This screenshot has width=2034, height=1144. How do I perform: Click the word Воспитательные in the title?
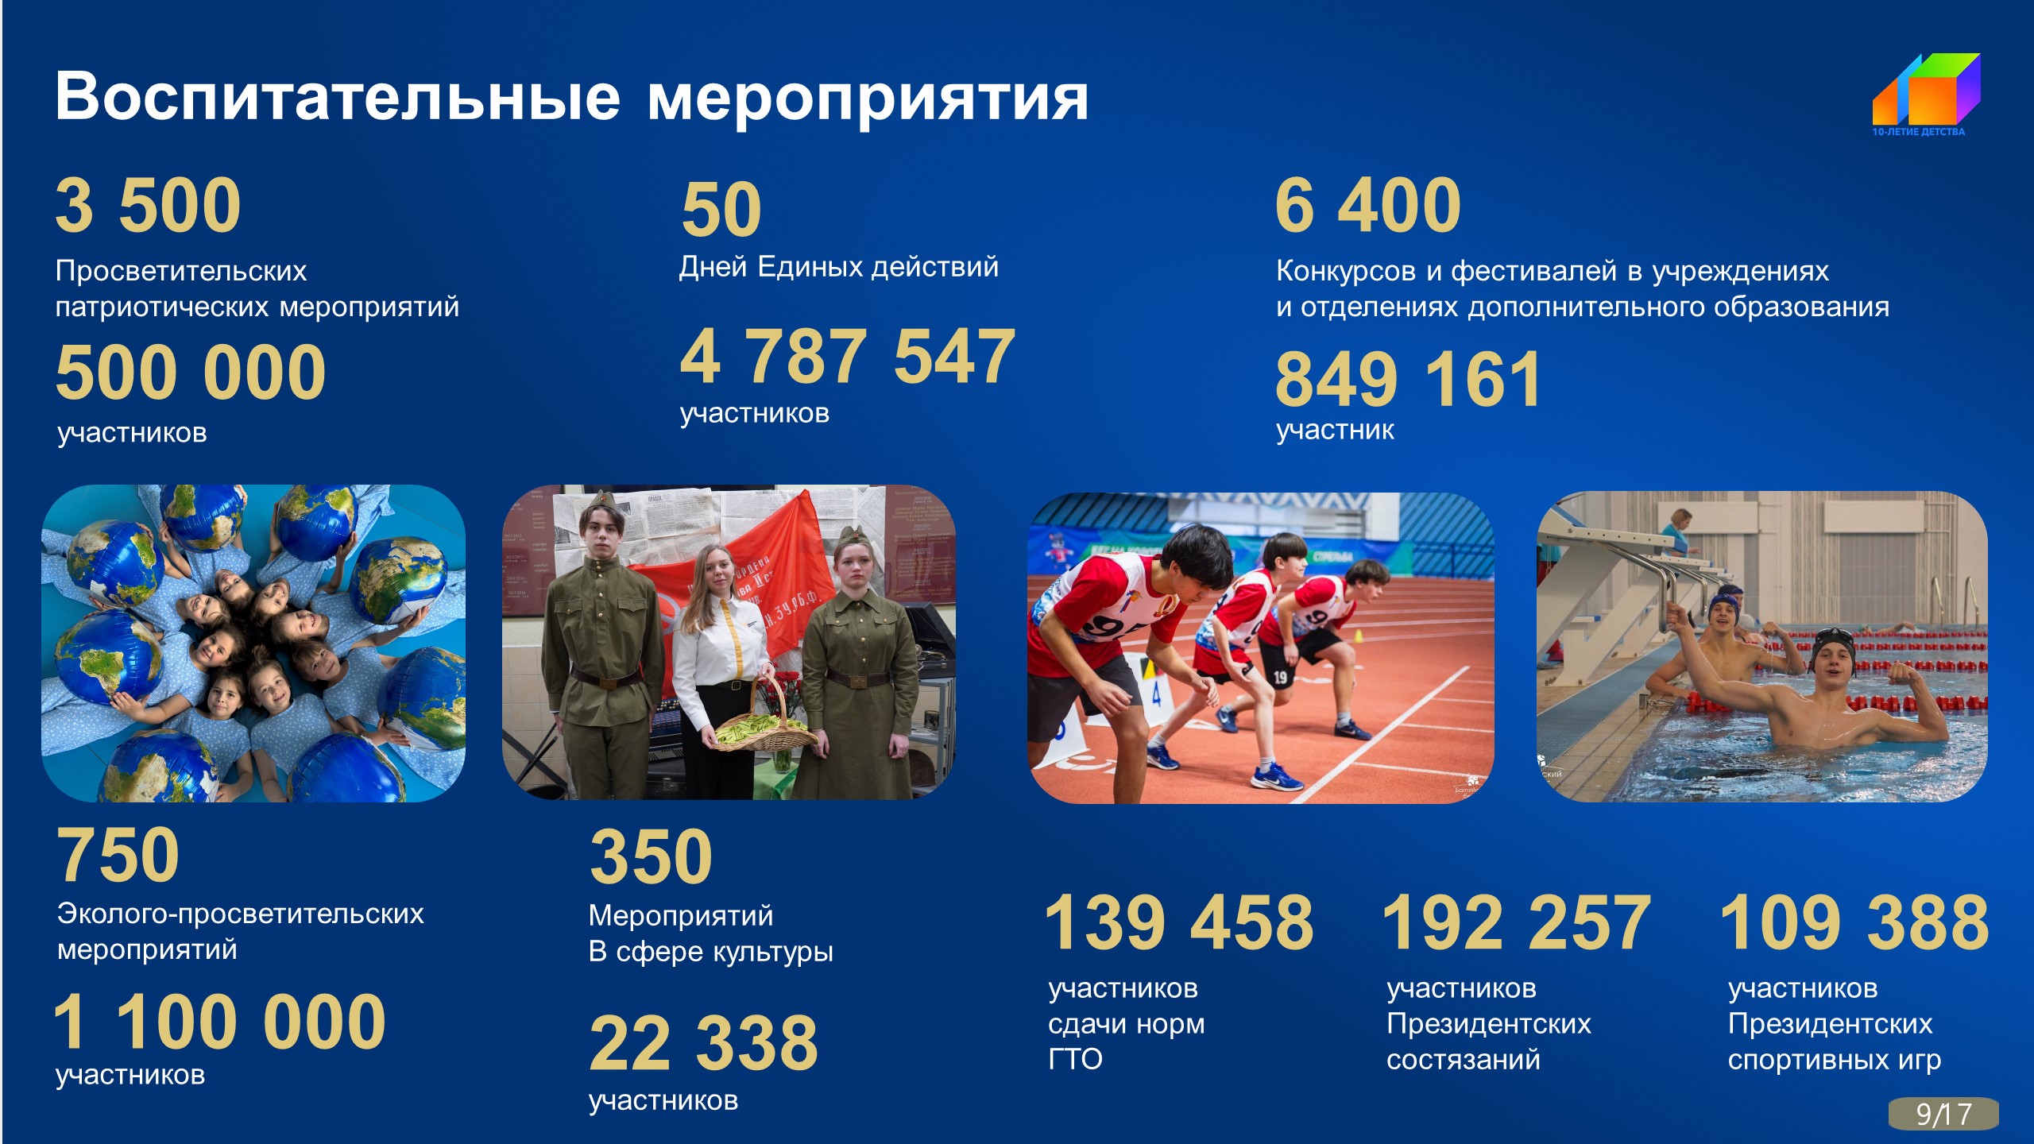coord(338,98)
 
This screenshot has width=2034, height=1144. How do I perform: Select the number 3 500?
coord(149,206)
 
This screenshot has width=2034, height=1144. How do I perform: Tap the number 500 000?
coord(191,373)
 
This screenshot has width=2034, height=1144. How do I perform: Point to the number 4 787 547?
coord(848,357)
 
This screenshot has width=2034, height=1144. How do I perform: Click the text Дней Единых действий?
coord(838,267)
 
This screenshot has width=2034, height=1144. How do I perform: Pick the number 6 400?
coord(1368,206)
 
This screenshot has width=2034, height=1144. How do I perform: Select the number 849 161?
coord(1408,380)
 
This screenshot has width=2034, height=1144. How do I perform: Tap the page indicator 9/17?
coord(1943,1113)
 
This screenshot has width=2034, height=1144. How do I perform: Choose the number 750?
coord(118,856)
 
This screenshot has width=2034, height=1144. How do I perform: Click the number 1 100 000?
coord(220,1022)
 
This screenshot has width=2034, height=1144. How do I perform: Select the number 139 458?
coord(1179,922)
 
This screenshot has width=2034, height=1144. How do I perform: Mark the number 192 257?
coord(1517,922)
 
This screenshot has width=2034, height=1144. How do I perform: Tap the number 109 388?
coord(1854,922)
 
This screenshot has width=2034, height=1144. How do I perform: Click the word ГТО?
coord(1076,1060)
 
